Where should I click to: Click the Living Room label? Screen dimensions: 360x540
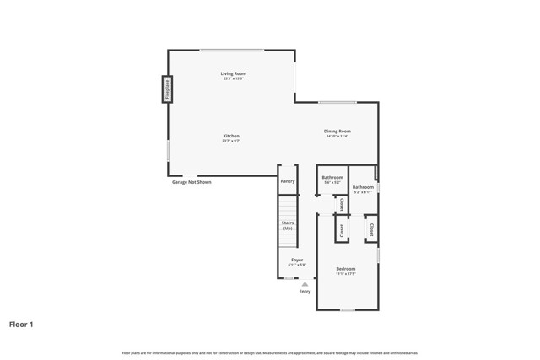(234, 74)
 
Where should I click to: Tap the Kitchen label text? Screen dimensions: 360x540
(231, 137)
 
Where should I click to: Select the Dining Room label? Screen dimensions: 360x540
(337, 132)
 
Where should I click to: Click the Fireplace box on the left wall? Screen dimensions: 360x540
(167, 89)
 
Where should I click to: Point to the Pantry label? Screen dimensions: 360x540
(288, 180)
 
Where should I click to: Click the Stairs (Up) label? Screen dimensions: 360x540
(288, 226)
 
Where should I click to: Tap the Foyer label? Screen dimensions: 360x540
(297, 261)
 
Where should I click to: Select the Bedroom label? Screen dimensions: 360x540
(346, 270)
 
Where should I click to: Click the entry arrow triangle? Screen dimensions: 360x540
(305, 284)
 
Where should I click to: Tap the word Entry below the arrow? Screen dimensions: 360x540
(305, 292)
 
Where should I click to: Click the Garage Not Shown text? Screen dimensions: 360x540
(192, 182)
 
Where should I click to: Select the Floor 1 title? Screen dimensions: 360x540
(22, 324)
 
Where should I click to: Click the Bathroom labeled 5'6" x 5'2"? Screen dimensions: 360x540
(332, 178)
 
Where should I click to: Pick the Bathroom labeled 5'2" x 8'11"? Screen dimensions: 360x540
(364, 188)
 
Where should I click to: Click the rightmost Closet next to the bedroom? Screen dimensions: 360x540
(371, 228)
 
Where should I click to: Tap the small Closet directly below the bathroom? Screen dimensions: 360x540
(342, 205)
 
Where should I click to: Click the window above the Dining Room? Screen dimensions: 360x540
(337, 103)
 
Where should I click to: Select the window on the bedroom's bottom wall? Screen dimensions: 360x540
(347, 309)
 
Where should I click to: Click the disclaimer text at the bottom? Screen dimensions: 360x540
(270, 353)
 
